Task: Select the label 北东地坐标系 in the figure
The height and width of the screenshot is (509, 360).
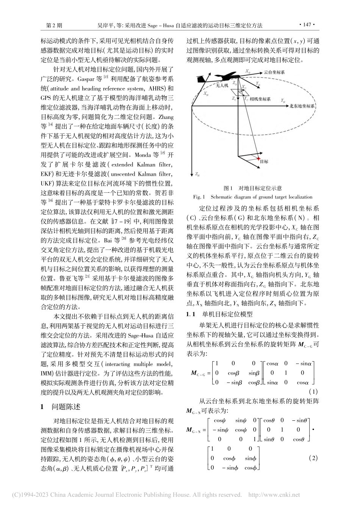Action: pyautogui.click(x=302, y=107)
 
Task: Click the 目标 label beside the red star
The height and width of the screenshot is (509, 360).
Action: pyautogui.click(x=264, y=161)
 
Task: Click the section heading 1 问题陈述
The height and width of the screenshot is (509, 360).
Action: pyautogui.click(x=61, y=407)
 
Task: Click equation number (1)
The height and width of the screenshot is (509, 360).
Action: pyautogui.click(x=313, y=391)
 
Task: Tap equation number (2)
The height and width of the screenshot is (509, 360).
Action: pyautogui.click(x=313, y=458)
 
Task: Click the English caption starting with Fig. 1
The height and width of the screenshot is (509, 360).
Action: pyautogui.click(x=252, y=197)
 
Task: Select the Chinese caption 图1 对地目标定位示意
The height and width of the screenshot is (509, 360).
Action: pyautogui.click(x=252, y=188)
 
